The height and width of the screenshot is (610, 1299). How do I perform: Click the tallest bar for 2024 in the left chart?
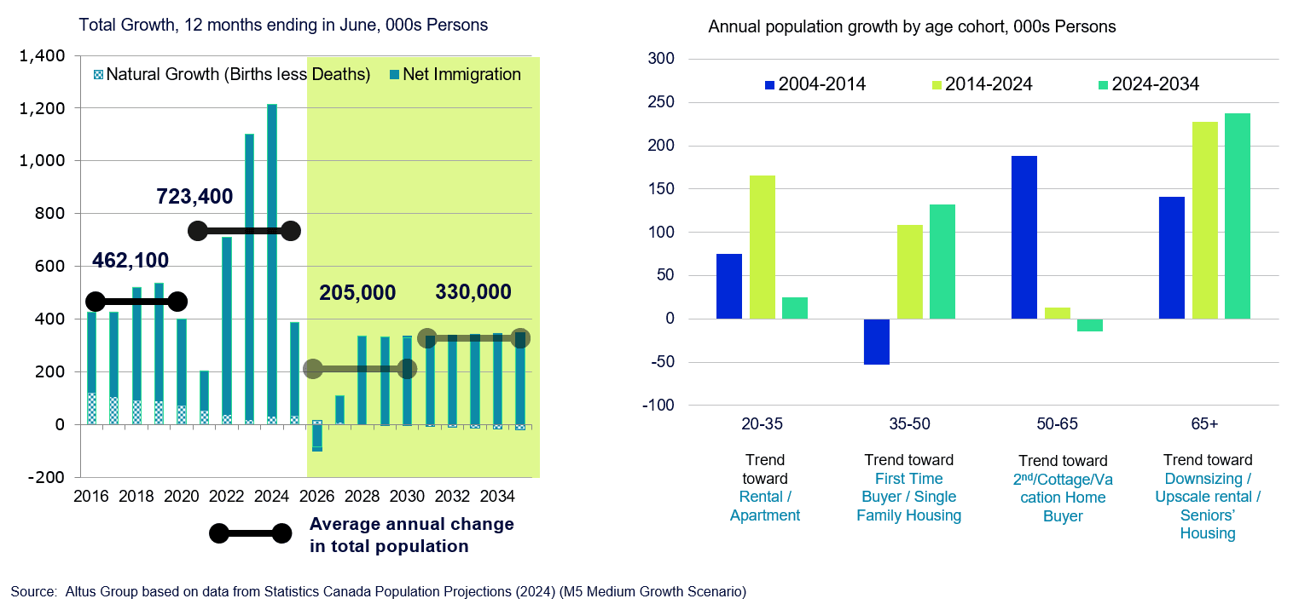pos(271,264)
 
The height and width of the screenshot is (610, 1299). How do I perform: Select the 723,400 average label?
pos(194,197)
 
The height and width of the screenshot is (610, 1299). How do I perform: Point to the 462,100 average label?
pos(130,260)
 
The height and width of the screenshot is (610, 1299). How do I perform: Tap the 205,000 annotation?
pos(357,293)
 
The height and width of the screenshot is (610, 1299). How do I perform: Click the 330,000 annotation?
pos(473,292)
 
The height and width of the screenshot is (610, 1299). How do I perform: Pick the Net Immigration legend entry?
pos(461,75)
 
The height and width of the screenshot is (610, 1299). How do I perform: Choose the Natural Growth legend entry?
pos(238,75)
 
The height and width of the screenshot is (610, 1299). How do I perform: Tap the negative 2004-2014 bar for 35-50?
pos(877,342)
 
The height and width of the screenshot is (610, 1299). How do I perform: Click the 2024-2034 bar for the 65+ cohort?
pos(1238,216)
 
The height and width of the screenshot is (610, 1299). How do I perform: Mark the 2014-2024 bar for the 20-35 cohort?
pos(762,247)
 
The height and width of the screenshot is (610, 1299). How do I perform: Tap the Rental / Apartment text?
pos(765,506)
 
